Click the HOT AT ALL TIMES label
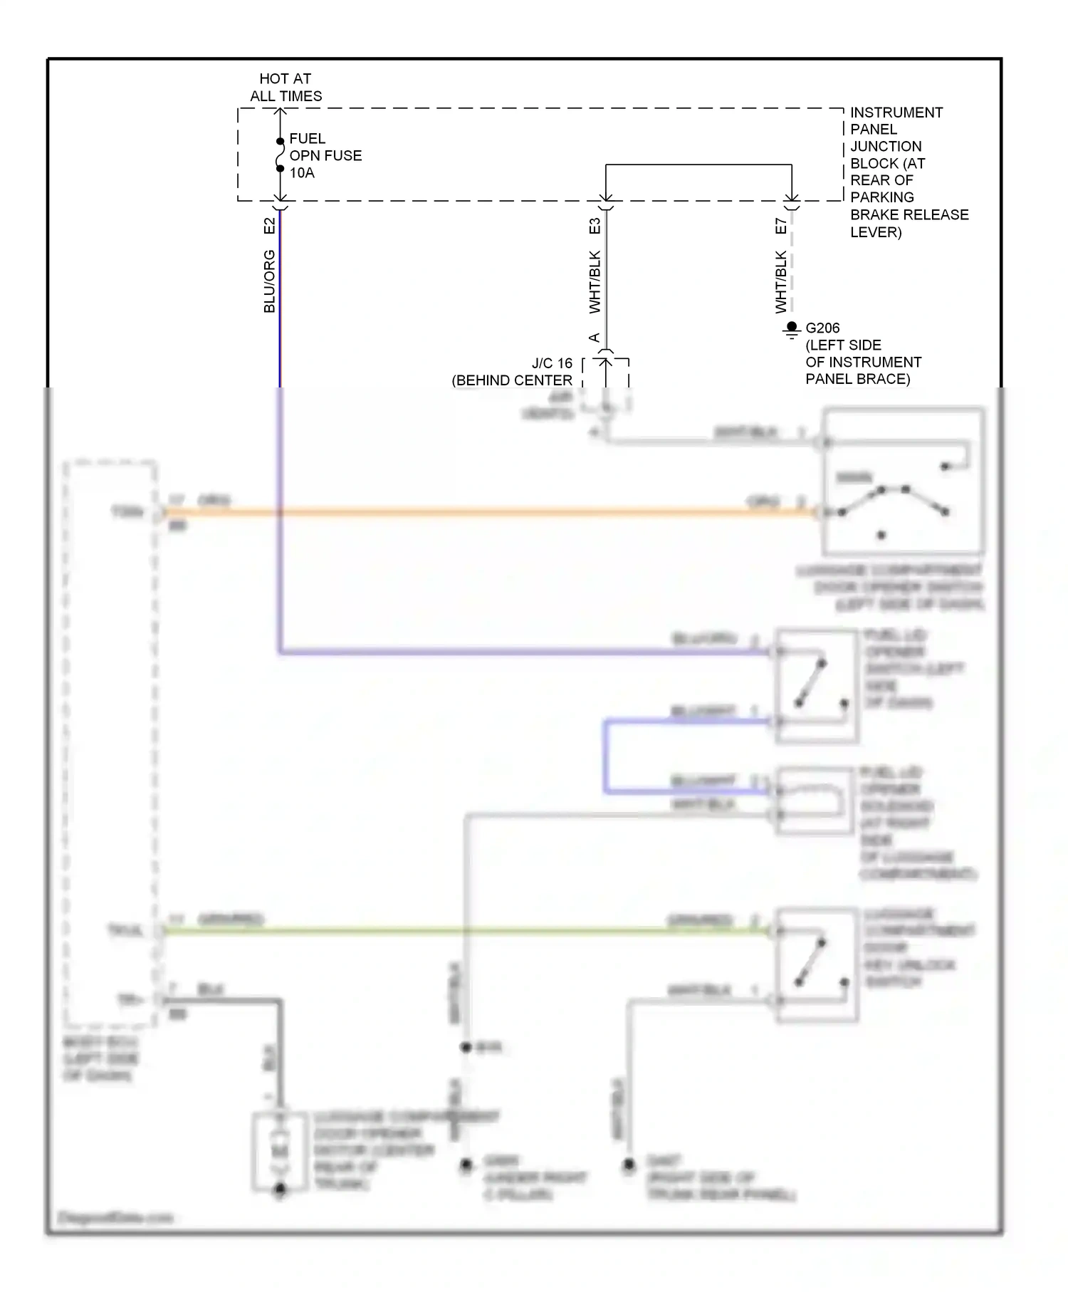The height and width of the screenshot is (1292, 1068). [286, 87]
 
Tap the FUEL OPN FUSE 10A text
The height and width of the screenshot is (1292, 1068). [325, 155]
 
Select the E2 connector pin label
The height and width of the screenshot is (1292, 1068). [269, 226]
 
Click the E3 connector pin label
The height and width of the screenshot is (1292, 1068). [595, 226]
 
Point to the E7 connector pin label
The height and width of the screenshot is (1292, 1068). [781, 226]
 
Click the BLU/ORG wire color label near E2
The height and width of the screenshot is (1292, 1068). [269, 281]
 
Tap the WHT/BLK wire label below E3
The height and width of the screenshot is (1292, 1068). [595, 282]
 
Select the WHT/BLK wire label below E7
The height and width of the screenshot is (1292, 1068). [781, 282]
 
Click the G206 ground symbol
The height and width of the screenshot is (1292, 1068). [791, 330]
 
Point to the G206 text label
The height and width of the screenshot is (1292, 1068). [822, 328]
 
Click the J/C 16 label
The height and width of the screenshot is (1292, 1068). [552, 363]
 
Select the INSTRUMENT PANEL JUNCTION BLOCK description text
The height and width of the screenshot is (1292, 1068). [909, 172]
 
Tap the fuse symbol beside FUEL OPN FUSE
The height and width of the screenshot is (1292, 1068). [281, 155]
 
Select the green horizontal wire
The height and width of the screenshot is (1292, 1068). [463, 930]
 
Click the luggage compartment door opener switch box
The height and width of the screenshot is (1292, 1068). [903, 481]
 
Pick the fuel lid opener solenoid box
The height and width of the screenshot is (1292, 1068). [815, 801]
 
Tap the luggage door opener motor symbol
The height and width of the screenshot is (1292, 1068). [280, 1151]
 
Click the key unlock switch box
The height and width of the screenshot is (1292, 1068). [816, 965]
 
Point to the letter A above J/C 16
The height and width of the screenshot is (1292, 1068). [595, 338]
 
